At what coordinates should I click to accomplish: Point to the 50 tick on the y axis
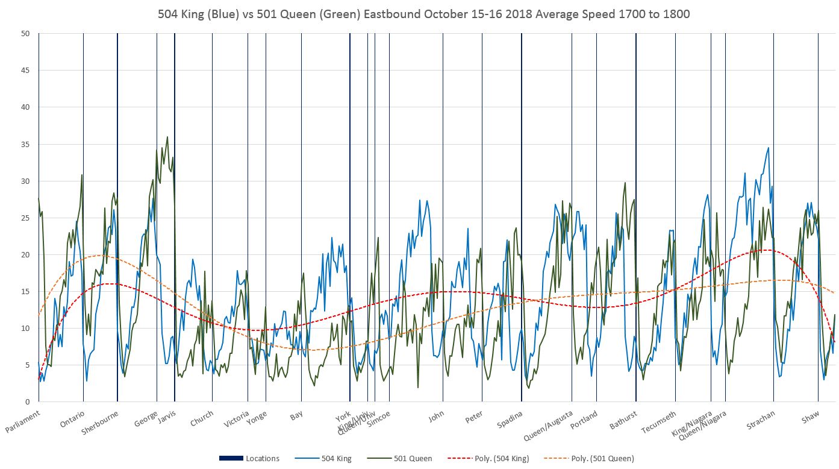25,34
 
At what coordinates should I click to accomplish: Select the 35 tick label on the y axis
25,145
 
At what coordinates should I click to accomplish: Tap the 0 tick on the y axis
28,402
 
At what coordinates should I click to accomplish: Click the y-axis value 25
25,218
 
